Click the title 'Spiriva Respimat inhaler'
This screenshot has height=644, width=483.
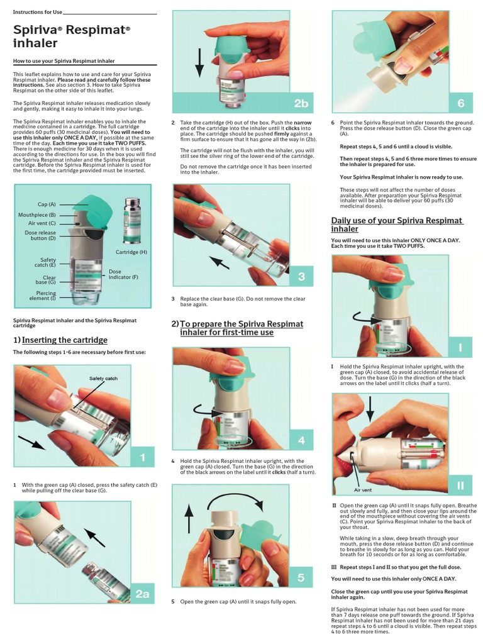(x=72, y=36)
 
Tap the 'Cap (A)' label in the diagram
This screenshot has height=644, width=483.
(x=47, y=204)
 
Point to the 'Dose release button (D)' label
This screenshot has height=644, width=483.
(x=41, y=235)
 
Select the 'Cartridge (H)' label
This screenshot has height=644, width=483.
(x=131, y=252)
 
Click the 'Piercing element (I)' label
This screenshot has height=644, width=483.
(x=46, y=295)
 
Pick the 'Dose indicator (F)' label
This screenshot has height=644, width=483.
(x=123, y=274)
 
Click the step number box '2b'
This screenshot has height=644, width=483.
(x=301, y=103)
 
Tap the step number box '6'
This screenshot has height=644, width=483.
(x=460, y=103)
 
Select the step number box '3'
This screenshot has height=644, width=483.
(x=301, y=276)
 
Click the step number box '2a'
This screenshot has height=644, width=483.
(x=143, y=594)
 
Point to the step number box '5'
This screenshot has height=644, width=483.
(x=301, y=578)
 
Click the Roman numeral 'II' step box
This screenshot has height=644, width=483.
(x=460, y=485)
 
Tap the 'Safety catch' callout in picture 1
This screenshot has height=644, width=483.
(x=103, y=379)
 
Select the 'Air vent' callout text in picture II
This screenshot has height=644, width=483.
(x=362, y=489)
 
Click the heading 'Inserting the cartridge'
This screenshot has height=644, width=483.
(x=64, y=340)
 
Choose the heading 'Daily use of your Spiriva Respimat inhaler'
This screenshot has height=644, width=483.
(x=397, y=225)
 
